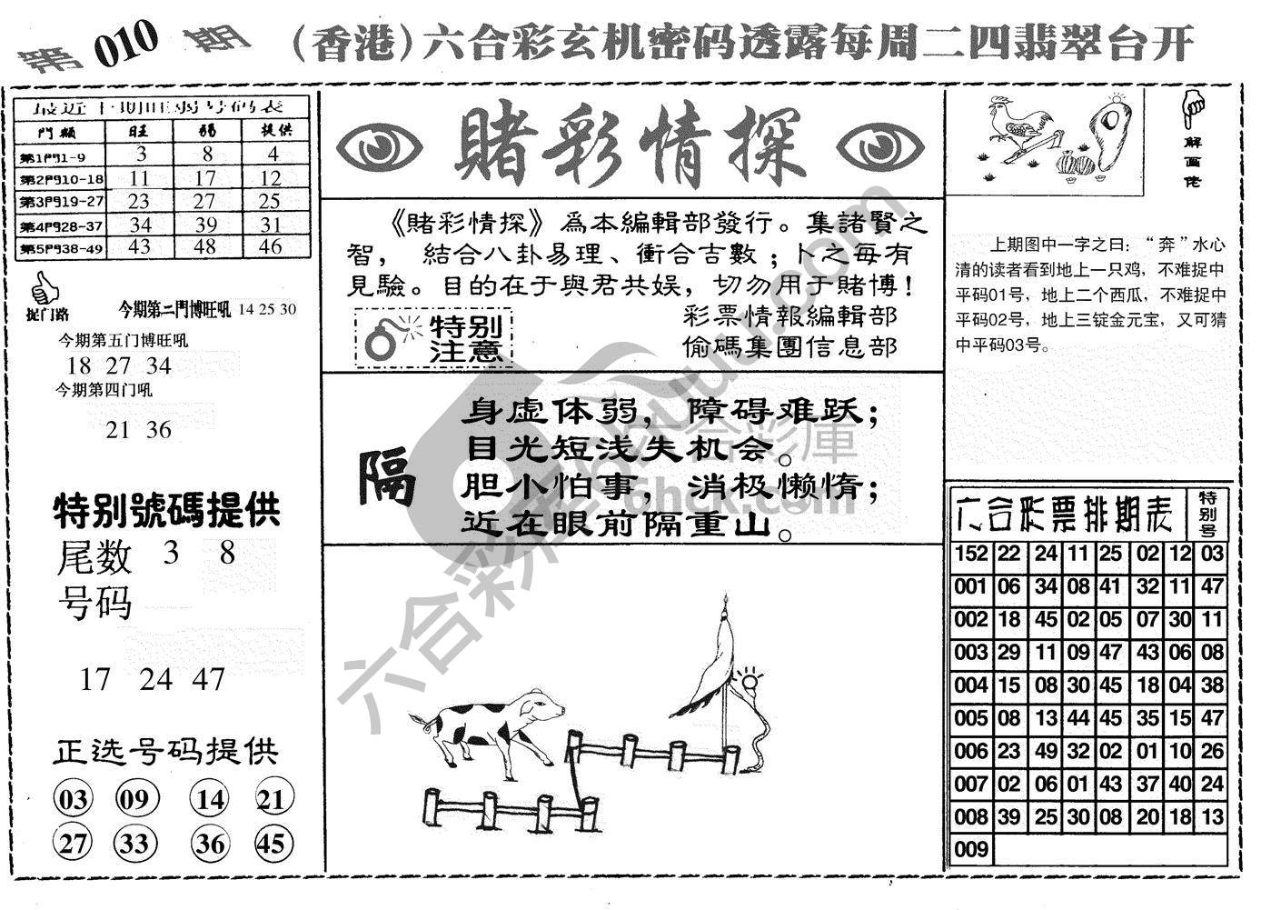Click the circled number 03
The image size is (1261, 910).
pyautogui.click(x=74, y=800)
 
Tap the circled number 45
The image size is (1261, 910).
pyautogui.click(x=272, y=844)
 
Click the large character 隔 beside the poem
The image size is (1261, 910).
pyautogui.click(x=386, y=476)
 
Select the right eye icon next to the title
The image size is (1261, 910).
pyautogui.click(x=879, y=145)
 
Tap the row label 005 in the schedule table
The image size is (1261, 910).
pyautogui.click(x=970, y=718)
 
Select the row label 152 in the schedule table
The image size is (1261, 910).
pyautogui.click(x=970, y=554)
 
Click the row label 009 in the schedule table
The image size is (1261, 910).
pyautogui.click(x=970, y=850)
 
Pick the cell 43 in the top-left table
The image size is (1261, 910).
pyautogui.click(x=139, y=246)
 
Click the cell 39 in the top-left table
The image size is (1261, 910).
pyautogui.click(x=206, y=223)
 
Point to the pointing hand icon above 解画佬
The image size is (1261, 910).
pyautogui.click(x=1194, y=107)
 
